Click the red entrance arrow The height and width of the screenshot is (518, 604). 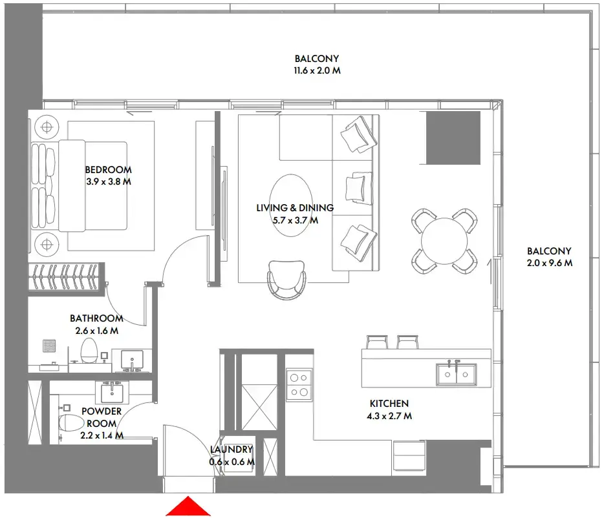pos(188,507)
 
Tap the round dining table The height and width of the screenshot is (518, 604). pos(444,241)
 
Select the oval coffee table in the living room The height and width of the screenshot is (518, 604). pos(291,205)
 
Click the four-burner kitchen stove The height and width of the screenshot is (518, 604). pos(299,385)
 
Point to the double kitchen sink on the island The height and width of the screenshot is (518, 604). pos(457,374)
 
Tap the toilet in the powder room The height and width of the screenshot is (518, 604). pos(71,422)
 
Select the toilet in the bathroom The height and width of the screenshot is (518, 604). pos(89,350)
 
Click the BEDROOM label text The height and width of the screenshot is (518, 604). pos(108,170)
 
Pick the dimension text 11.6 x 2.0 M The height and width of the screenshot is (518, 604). pos(317,70)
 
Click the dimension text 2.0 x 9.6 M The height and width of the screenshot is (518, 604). pos(550,263)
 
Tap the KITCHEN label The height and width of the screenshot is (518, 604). pos(389,403)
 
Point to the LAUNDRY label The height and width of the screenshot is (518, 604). pos(232,449)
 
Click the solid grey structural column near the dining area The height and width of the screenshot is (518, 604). pos(453,138)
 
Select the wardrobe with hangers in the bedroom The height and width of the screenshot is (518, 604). pos(66,276)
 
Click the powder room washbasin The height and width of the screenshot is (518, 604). pos(112,393)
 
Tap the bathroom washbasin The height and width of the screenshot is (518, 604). pos(132,360)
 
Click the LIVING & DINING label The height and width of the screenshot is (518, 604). pos(295,208)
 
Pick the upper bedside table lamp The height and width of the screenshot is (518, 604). pos(47,127)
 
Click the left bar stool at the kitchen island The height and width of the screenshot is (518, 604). pos(377,342)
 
